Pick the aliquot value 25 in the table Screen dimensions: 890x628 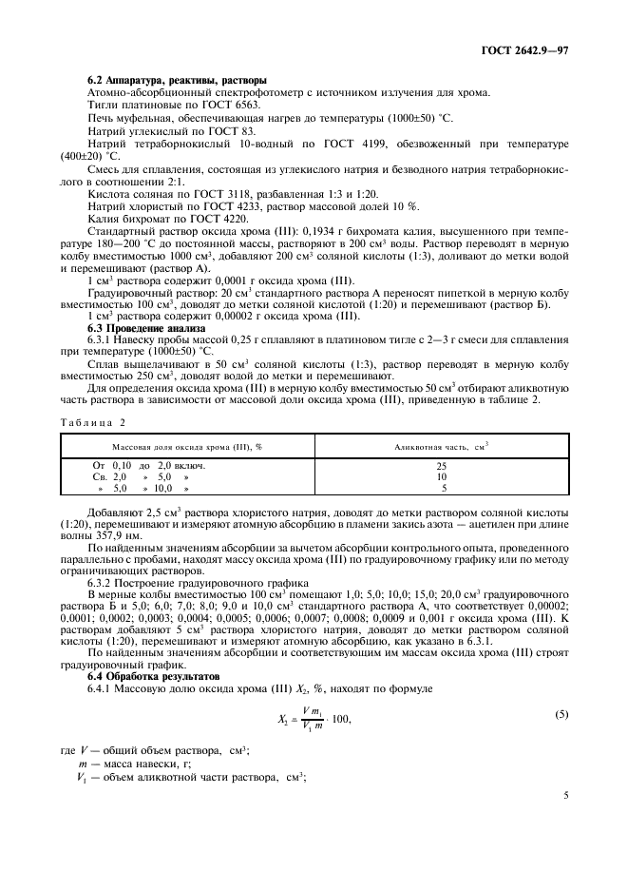(442, 466)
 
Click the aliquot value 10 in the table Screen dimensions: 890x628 (442, 477)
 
